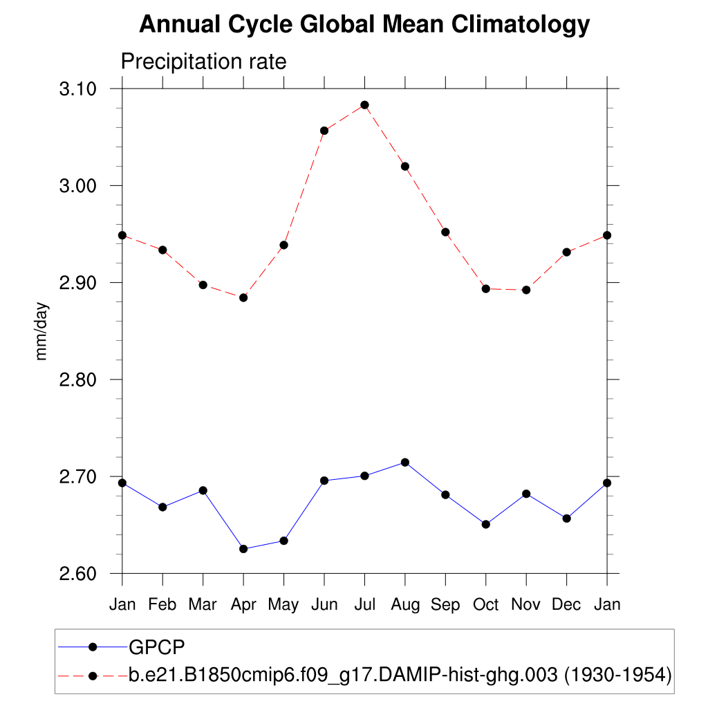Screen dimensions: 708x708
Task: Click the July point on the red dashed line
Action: click(364, 105)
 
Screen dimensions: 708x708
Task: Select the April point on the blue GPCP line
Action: click(243, 549)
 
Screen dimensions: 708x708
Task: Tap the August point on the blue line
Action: click(405, 462)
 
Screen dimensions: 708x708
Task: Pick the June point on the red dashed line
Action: click(324, 131)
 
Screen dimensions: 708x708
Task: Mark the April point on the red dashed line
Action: click(243, 297)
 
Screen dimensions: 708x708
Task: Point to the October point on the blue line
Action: click(486, 524)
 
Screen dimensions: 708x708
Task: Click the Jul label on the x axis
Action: click(364, 605)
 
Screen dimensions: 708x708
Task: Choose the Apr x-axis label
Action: click(243, 605)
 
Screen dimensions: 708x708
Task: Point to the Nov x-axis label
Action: click(526, 605)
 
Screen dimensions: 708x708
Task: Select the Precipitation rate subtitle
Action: click(203, 62)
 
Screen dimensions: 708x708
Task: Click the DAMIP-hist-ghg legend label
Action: click(400, 675)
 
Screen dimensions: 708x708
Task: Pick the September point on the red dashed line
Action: click(445, 232)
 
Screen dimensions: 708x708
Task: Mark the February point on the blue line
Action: click(162, 507)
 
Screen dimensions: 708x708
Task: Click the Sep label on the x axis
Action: click(445, 605)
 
